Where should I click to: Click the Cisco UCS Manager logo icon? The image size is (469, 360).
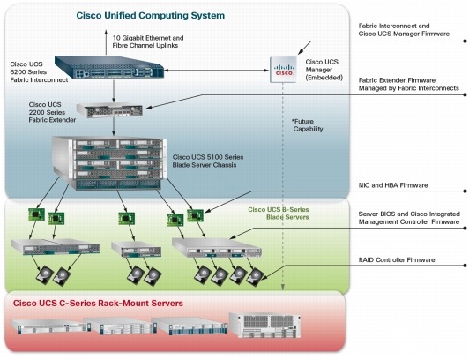coord(283,69)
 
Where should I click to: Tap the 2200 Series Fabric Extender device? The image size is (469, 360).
coord(109,110)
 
